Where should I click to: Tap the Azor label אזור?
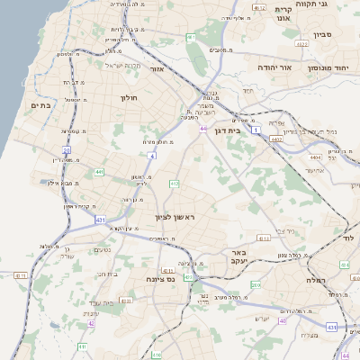click(156, 69)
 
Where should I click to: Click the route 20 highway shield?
click(66, 150)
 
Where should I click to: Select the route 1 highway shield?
click(256, 131)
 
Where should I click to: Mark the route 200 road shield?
click(256, 284)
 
